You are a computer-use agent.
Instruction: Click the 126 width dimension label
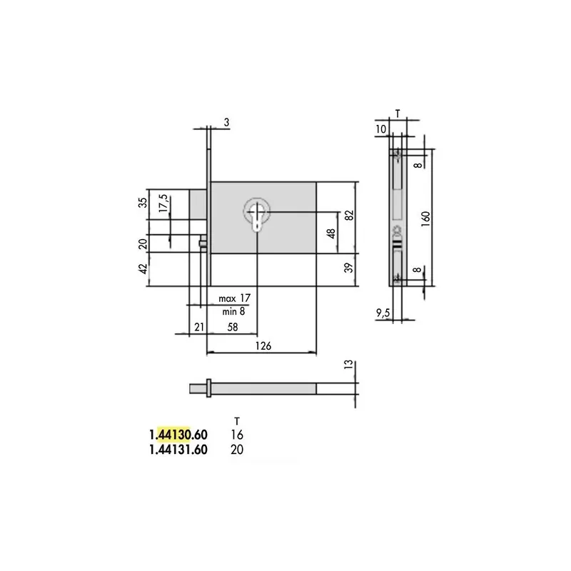pos(263,345)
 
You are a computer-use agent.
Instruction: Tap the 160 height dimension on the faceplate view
pos(425,218)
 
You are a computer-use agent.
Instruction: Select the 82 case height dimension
pos(349,216)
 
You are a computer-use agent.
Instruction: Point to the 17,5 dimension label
pos(163,203)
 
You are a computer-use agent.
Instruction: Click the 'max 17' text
pos(235,298)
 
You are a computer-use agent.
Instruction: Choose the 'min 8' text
pos(233,312)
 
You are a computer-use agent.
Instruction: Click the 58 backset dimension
pos(233,327)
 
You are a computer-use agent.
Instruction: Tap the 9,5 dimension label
pos(383,313)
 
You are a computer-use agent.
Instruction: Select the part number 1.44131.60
pos(178,450)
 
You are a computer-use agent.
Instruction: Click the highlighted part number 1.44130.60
pos(178,435)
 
